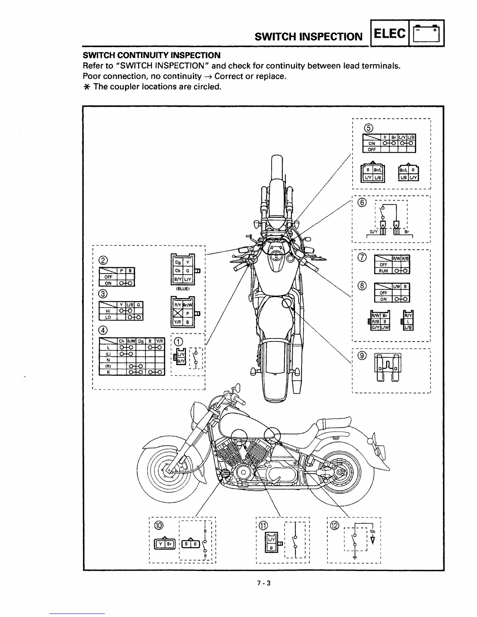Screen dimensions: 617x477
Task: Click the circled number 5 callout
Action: [368, 128]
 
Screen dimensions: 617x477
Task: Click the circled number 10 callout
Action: [159, 525]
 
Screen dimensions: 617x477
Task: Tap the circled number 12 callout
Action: [335, 525]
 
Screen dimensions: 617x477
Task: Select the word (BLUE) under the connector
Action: [182, 289]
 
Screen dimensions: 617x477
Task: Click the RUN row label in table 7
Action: [383, 271]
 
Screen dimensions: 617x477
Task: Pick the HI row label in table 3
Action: [108, 311]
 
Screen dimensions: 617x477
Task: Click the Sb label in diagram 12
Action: [372, 532]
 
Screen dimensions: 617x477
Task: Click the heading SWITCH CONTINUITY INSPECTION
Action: [152, 55]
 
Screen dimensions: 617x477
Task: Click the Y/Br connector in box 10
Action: [165, 544]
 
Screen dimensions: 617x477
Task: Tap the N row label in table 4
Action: [108, 360]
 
